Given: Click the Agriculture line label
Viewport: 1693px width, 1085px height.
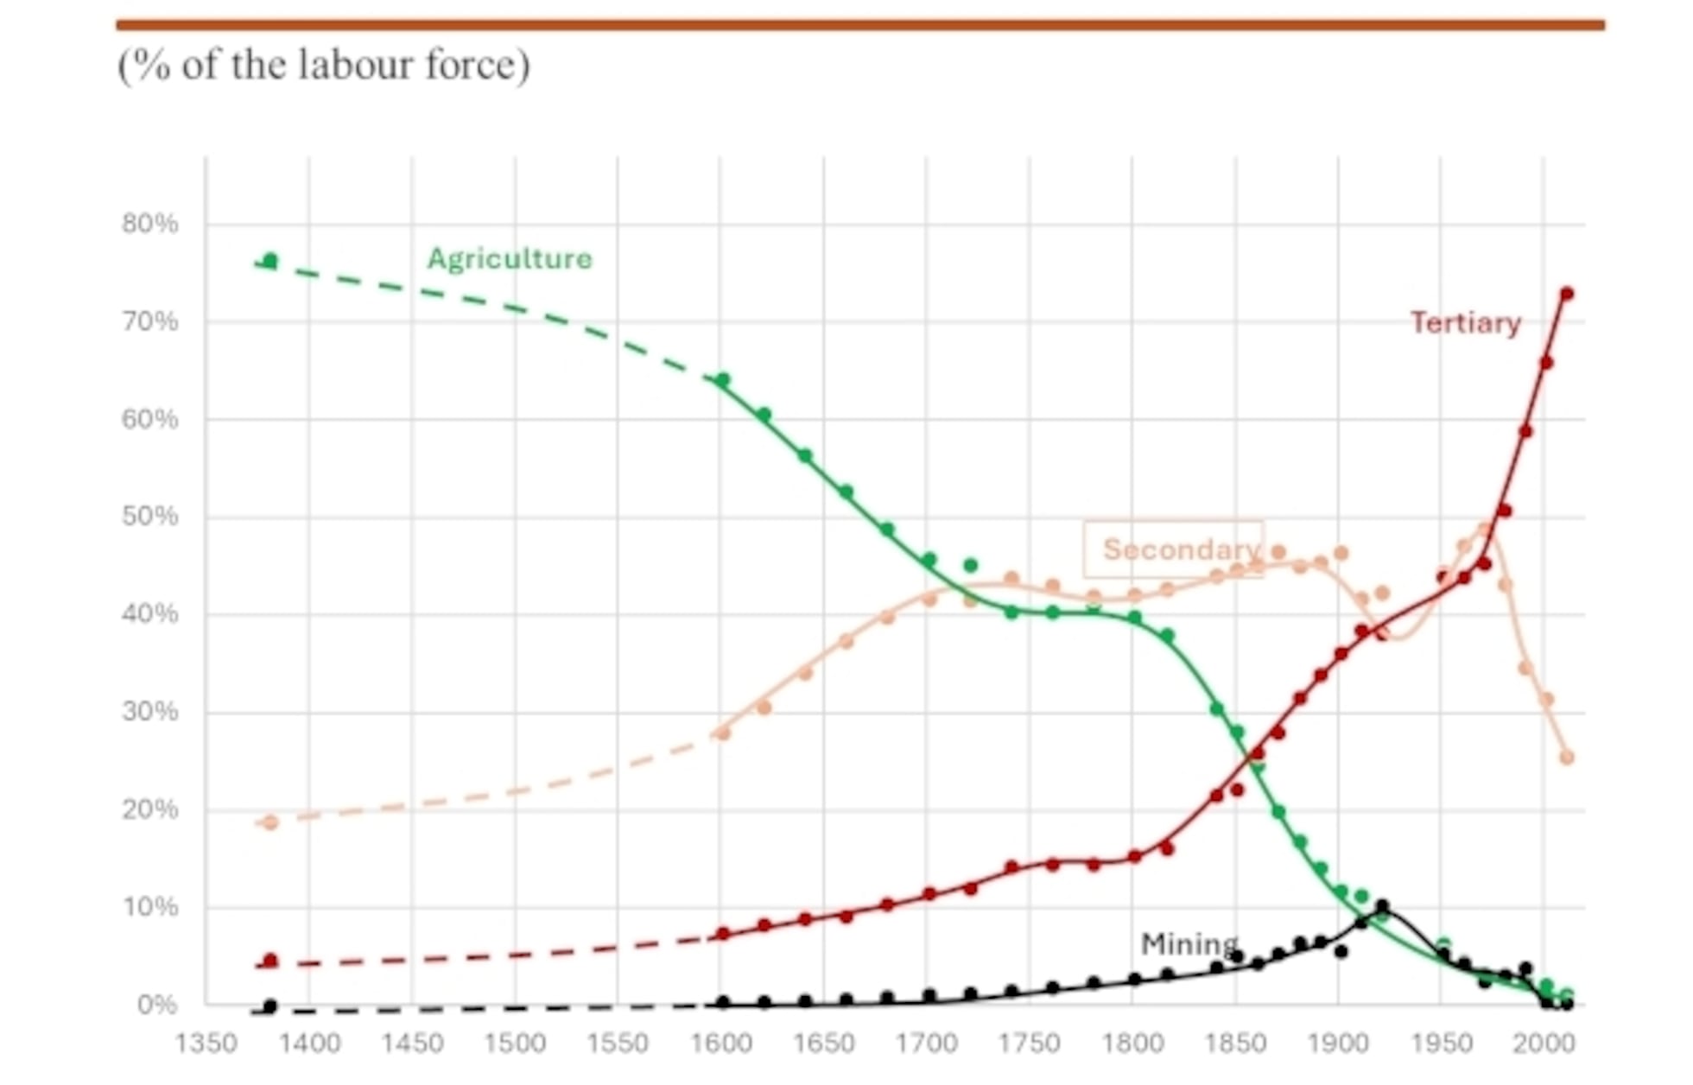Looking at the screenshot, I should [510, 258].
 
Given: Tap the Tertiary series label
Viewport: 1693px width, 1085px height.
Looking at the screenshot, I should [1465, 322].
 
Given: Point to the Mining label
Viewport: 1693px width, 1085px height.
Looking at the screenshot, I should [1189, 943].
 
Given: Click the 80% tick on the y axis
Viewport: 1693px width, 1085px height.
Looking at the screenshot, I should [149, 224].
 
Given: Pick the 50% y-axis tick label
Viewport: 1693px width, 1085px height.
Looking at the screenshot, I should [149, 517].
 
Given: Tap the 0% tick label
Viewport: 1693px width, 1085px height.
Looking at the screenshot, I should [156, 1005].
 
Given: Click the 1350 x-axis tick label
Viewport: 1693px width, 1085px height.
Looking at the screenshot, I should [206, 1044].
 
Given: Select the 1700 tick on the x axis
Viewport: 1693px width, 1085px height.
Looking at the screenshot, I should [926, 1044].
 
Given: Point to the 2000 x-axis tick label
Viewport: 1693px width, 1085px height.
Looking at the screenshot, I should [1544, 1044].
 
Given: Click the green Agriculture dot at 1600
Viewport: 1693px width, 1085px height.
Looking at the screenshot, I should [723, 380].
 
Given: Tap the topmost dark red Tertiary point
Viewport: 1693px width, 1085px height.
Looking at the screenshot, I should [1566, 294].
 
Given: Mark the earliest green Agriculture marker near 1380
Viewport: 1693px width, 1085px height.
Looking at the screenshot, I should [270, 260].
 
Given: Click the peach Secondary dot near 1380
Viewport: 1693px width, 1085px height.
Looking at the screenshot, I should [270, 822].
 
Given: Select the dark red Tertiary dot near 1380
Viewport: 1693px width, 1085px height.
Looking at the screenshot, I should [270, 961].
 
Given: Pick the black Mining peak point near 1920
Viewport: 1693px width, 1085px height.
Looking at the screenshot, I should [1382, 906].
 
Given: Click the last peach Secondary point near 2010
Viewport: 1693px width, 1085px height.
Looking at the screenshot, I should [1567, 758].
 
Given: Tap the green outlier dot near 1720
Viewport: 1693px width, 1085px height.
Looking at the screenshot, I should [970, 565].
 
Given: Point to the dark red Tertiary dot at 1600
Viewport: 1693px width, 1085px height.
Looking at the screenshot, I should [723, 934].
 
